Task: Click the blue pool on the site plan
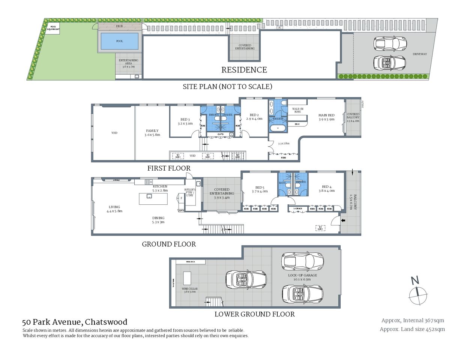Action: pyautogui.click(x=119, y=41)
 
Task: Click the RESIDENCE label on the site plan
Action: pyautogui.click(x=244, y=70)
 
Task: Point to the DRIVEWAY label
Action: pyautogui.click(x=419, y=54)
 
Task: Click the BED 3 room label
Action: pyautogui.click(x=185, y=121)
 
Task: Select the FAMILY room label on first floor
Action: pyautogui.click(x=152, y=133)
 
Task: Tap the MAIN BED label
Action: pyautogui.click(x=326, y=117)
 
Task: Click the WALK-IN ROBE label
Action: pyautogui.click(x=298, y=110)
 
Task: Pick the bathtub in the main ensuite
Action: pyautogui.click(x=278, y=128)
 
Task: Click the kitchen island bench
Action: pyautogui.click(x=153, y=199)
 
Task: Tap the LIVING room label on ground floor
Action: pyautogui.click(x=114, y=209)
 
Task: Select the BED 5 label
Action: pyautogui.click(x=260, y=189)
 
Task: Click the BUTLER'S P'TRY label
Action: pyautogui.click(x=190, y=192)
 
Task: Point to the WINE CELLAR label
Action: pyautogui.click(x=189, y=290)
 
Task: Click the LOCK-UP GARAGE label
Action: pyautogui.click(x=302, y=277)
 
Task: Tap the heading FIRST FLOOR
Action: pyautogui.click(x=169, y=168)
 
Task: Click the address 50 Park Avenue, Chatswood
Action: pyautogui.click(x=75, y=322)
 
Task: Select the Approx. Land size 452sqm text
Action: pyautogui.click(x=412, y=329)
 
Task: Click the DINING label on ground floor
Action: pyautogui.click(x=158, y=220)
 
